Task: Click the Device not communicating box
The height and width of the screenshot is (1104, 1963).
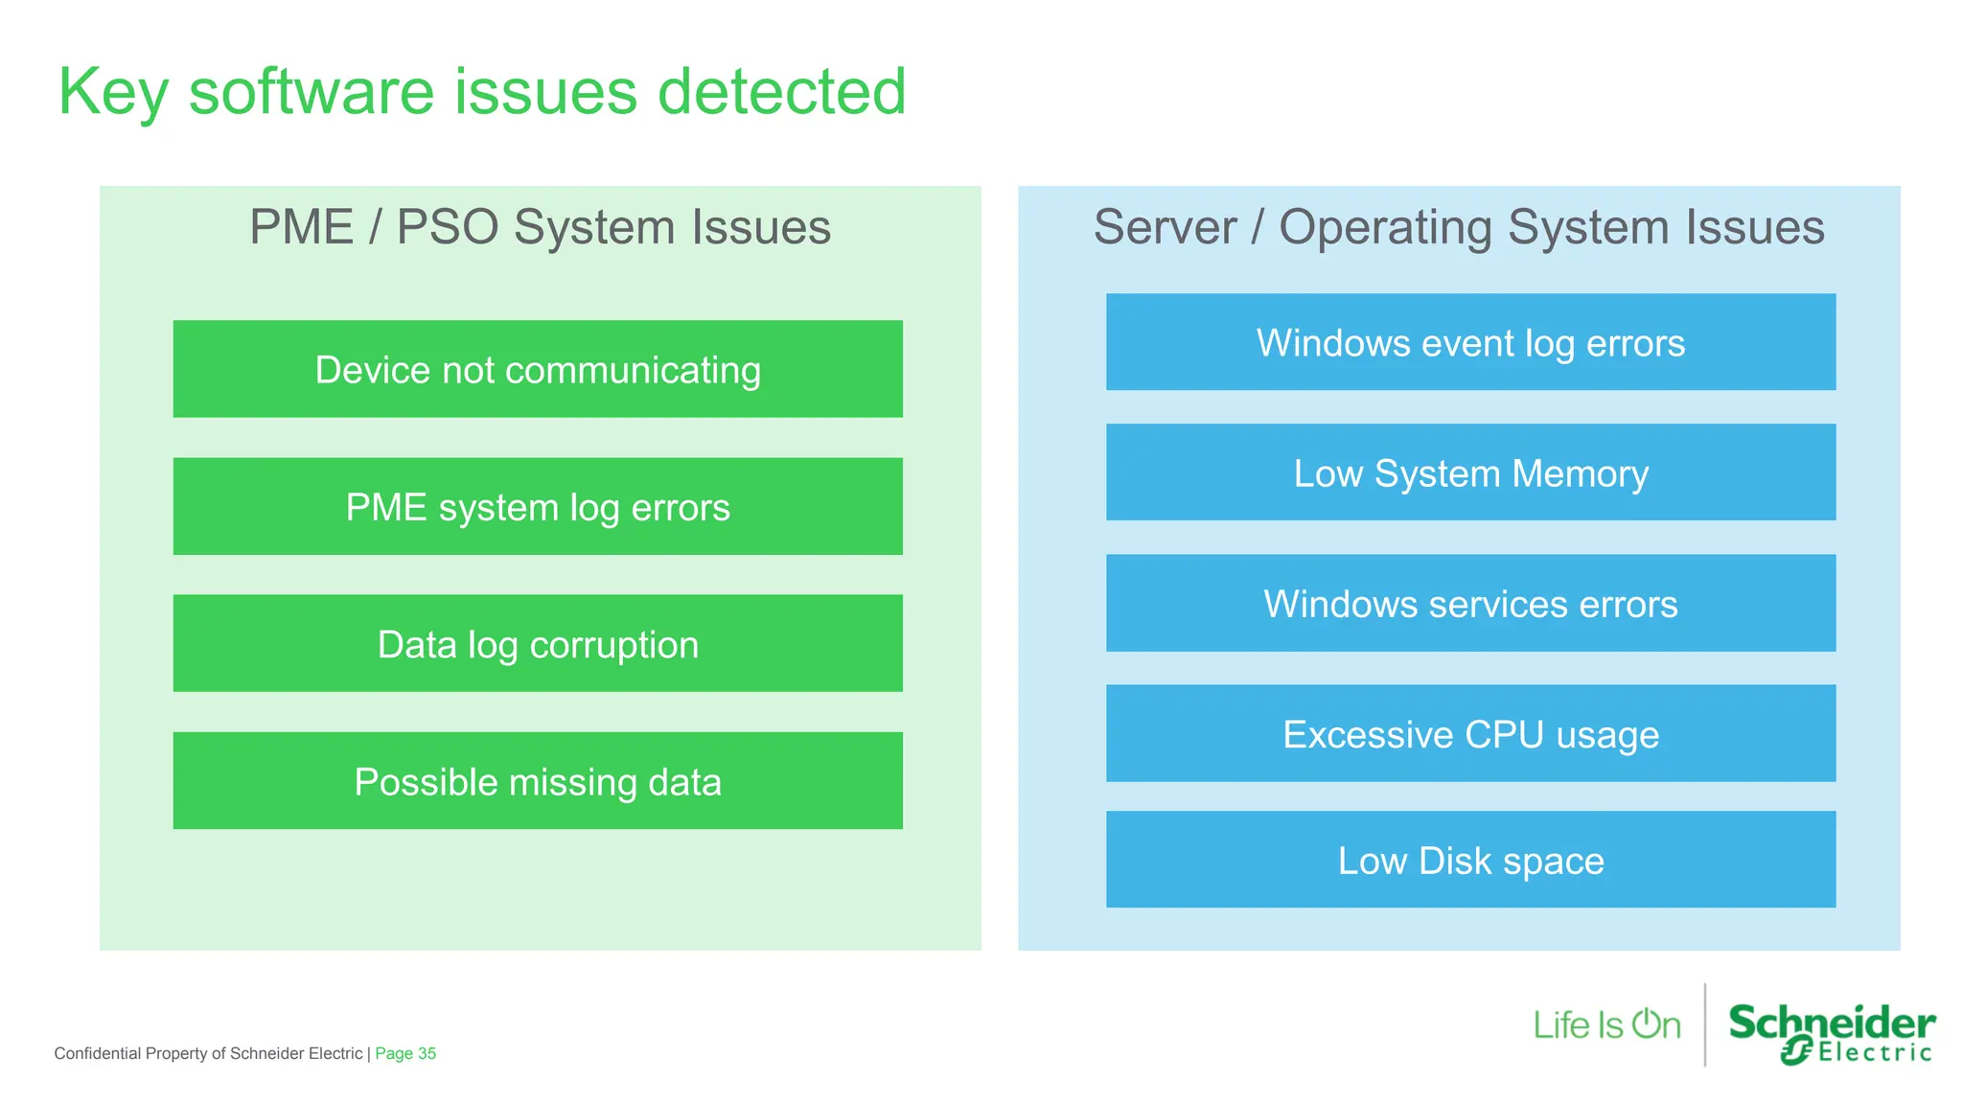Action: coord(538,369)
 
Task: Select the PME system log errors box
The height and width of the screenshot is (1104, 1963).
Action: coord(538,506)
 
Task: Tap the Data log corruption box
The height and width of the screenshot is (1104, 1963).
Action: coord(538,643)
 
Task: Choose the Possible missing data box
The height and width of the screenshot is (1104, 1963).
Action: coord(538,781)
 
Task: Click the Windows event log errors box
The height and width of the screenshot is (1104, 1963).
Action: coord(1470,342)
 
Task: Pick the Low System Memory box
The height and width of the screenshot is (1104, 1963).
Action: coord(1470,472)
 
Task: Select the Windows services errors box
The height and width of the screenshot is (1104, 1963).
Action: coord(1470,603)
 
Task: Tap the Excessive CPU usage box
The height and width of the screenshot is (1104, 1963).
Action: coord(1470,733)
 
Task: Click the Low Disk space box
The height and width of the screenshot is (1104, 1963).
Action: coord(1470,860)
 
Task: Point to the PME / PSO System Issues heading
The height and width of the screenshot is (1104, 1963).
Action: coord(540,227)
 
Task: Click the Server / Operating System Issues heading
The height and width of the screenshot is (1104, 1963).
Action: coord(1459,227)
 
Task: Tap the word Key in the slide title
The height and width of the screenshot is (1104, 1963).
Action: coord(113,93)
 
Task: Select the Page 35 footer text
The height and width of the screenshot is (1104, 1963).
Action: coord(405,1053)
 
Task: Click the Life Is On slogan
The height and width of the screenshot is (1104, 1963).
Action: coord(1606,1024)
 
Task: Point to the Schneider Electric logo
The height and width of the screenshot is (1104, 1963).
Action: coord(1831,1033)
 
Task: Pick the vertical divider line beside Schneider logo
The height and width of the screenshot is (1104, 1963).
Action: coord(1705,1024)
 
